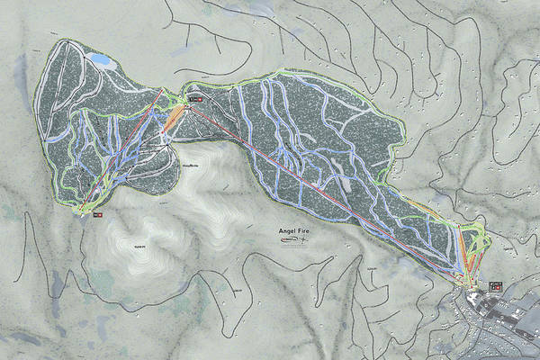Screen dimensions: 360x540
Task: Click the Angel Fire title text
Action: pyautogui.click(x=299, y=230)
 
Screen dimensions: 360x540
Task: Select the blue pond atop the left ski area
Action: pyautogui.click(x=100, y=61)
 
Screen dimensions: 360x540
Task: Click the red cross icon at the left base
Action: pyautogui.click(x=98, y=214)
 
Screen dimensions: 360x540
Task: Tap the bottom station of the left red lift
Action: pyautogui.click(x=84, y=211)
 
